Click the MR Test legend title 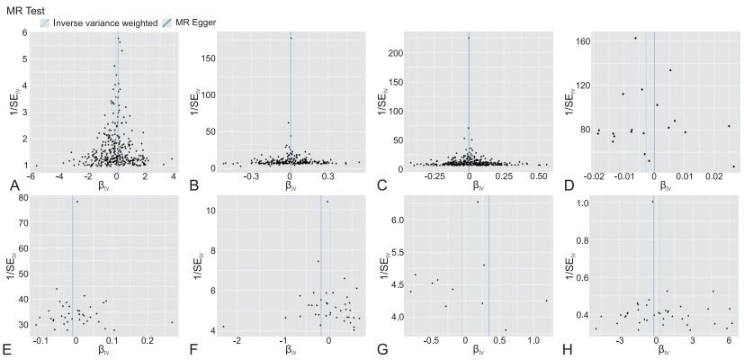[26, 9]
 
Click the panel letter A [13, 185]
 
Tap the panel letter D [569, 185]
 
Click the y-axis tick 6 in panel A [28, 32]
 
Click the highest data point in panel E [78, 202]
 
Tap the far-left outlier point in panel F [223, 327]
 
